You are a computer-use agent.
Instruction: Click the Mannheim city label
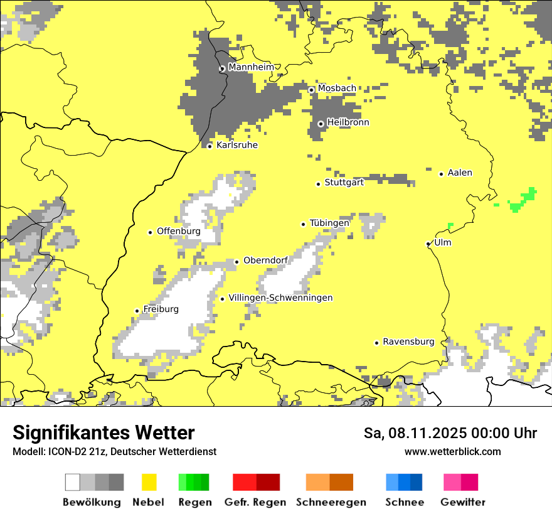point(252,67)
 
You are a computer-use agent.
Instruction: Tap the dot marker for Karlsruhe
point(210,146)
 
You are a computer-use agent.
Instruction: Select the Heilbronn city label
point(348,122)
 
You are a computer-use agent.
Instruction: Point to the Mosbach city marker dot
point(311,90)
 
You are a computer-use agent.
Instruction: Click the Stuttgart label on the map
point(344,183)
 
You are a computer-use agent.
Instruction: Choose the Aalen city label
point(460,173)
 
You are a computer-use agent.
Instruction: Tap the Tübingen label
point(329,223)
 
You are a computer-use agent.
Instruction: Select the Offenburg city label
point(179,231)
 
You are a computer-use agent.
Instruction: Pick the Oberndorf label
point(265,260)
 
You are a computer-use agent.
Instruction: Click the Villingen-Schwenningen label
point(280,298)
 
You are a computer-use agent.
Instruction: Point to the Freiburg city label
point(161,309)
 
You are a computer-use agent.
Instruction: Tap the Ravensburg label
point(408,341)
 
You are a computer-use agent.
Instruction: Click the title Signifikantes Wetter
point(103,432)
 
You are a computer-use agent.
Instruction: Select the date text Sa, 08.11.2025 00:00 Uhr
point(450,433)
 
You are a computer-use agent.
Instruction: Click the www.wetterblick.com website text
point(453,451)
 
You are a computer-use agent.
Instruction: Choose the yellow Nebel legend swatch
point(149,482)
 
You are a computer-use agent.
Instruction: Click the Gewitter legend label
point(463,502)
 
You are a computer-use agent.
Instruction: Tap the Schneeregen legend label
point(331,502)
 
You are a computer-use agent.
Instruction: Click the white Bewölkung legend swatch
point(73,482)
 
